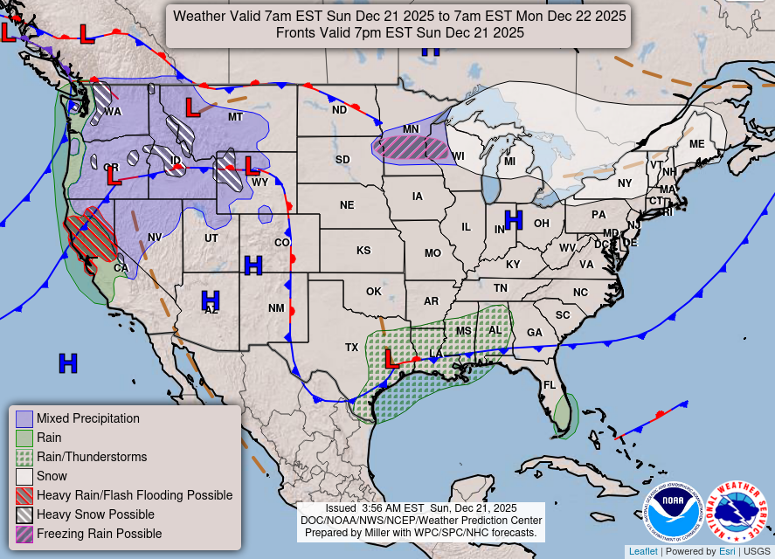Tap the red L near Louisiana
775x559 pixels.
(x=392, y=357)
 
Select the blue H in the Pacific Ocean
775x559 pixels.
(x=67, y=362)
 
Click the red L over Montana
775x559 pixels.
(x=192, y=107)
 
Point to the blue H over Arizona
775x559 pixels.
(x=211, y=300)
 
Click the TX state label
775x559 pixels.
(x=351, y=347)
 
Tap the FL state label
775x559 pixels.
(x=550, y=385)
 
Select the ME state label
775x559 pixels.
(x=696, y=144)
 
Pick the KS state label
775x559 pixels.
(x=363, y=251)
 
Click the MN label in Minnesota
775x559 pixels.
(x=411, y=129)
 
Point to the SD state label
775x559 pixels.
(x=343, y=160)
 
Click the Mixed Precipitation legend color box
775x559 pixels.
(x=24, y=418)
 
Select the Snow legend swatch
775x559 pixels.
(x=24, y=476)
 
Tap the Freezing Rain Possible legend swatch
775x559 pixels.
(x=24, y=534)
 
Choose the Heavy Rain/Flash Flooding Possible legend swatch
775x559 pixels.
(x=24, y=495)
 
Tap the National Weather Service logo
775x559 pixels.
(x=736, y=512)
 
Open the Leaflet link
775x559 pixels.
(x=642, y=551)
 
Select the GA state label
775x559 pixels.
(x=534, y=333)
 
